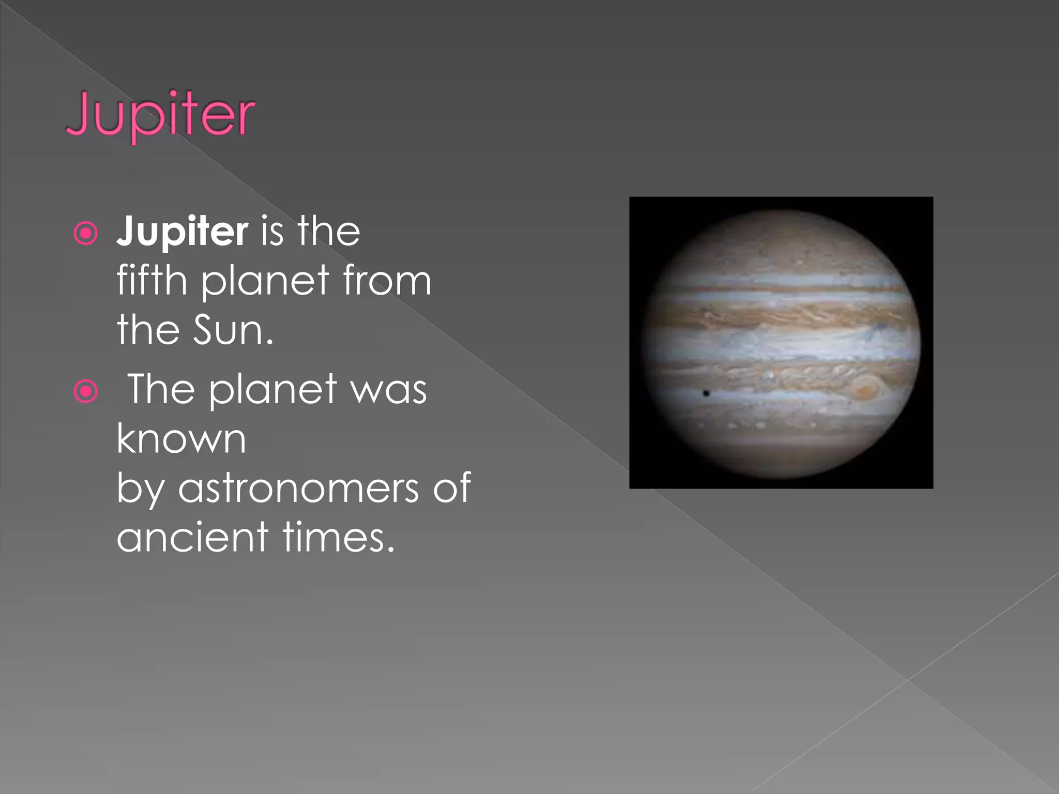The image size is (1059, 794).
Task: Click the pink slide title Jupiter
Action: (160, 115)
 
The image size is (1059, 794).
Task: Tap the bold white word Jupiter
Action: (182, 232)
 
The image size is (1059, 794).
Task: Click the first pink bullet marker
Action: (86, 233)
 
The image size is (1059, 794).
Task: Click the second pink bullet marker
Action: (86, 391)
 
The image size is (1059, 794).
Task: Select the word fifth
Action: (152, 280)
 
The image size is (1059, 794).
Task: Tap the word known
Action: (181, 439)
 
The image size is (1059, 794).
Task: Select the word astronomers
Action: (298, 488)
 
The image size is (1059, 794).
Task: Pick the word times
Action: (339, 538)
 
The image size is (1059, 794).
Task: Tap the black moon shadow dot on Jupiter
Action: (706, 394)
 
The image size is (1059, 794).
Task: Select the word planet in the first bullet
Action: (265, 281)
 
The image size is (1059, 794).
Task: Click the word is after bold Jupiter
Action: (273, 232)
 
